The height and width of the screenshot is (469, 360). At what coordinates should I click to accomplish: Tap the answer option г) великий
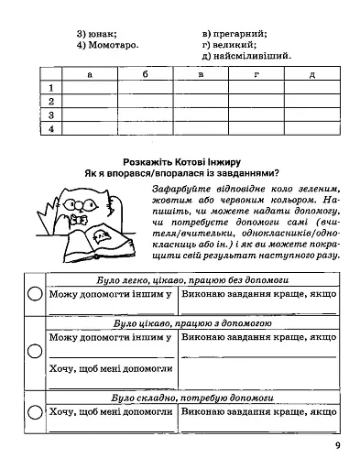(x=229, y=43)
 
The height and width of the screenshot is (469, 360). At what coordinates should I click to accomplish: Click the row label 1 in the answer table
(x=52, y=87)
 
